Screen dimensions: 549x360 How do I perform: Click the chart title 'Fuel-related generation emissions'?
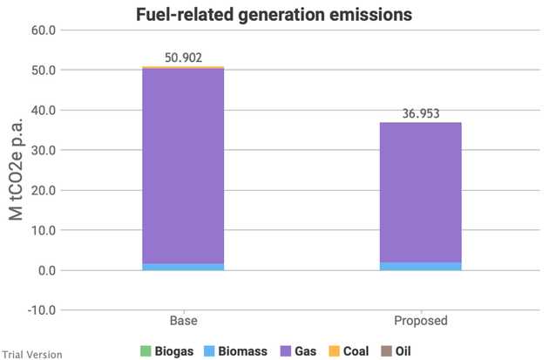(274, 15)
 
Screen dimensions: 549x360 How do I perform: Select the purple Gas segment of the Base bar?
(183, 166)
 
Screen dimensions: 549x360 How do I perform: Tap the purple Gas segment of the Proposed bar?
(421, 193)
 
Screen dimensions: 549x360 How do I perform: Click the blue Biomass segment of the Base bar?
(183, 267)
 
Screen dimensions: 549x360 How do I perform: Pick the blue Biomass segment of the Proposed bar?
(421, 266)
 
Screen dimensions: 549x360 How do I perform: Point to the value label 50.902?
(184, 58)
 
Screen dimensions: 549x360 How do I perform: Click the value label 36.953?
(421, 113)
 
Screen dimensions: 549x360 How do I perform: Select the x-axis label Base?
(184, 321)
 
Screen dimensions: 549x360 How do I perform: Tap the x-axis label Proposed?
(421, 321)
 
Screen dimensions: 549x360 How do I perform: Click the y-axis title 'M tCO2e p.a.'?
(16, 169)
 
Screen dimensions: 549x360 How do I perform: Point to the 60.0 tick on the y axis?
(44, 31)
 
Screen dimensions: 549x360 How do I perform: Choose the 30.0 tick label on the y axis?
(44, 150)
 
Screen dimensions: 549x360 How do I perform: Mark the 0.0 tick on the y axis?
(47, 270)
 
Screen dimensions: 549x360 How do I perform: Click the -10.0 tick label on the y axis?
(42, 310)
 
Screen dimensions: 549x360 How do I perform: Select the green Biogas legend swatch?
(146, 351)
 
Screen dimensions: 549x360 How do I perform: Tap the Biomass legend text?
(242, 351)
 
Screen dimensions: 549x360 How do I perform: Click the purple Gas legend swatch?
(286, 351)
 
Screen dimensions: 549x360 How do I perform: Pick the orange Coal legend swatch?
(335, 351)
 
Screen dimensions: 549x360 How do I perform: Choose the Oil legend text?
(403, 351)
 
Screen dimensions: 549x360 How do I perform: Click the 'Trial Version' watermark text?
(32, 355)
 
